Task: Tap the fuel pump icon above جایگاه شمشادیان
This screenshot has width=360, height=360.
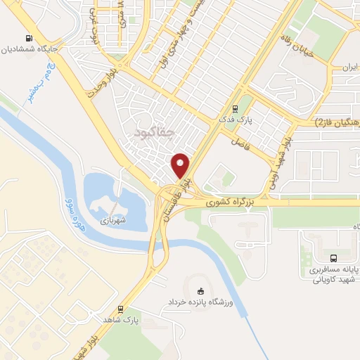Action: point(27,39)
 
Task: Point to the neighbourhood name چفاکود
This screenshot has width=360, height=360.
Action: point(152,131)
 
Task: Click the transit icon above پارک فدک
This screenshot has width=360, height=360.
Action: point(235,109)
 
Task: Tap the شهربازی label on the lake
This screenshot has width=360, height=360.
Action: point(110,220)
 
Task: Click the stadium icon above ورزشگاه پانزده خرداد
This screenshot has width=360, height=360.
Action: point(201,291)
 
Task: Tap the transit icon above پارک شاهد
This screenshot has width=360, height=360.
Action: point(122,309)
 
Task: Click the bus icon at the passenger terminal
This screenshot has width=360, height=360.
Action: point(334,257)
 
